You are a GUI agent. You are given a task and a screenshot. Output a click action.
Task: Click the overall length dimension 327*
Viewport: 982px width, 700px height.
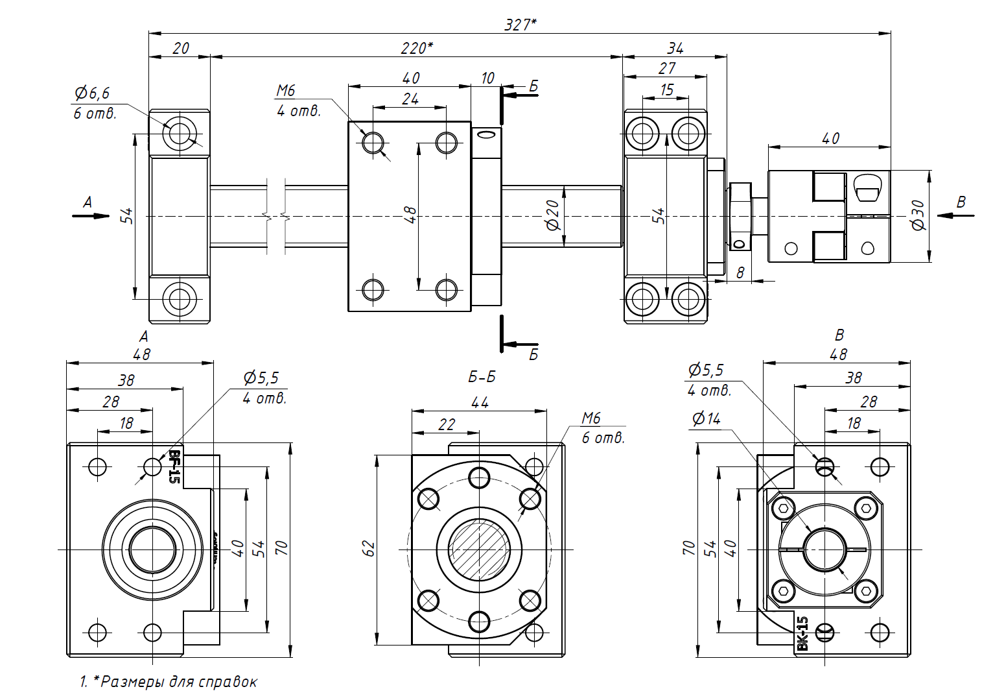pos(520,24)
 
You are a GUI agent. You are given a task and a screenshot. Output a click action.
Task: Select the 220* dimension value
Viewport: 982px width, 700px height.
pos(416,47)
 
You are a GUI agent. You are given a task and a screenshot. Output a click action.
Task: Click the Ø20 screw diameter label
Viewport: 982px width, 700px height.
pos(552,215)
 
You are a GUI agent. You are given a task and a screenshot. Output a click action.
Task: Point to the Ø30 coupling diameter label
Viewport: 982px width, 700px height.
pos(918,215)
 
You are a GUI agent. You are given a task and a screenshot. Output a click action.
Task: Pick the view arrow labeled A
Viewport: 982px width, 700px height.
pos(89,214)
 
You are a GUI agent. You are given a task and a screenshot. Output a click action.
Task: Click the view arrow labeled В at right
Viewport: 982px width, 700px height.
pos(955,214)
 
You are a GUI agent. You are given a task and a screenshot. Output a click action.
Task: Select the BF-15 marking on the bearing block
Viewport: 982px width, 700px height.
pos(174,466)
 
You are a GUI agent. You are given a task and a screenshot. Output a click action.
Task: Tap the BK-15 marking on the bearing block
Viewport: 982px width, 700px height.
pos(802,633)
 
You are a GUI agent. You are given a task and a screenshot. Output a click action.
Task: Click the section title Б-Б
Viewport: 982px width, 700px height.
pos(482,377)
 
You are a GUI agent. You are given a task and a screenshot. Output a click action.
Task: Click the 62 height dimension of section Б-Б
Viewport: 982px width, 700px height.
pos(369,548)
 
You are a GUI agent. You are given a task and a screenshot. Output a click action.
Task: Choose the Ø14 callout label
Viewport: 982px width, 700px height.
pos(706,418)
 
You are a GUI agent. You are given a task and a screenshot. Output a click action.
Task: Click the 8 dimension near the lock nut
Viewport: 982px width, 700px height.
pos(740,272)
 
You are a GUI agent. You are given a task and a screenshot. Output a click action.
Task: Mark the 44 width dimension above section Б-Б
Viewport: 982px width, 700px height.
pos(480,402)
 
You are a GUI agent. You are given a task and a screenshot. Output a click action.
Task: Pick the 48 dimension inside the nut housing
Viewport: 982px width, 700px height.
pos(410,215)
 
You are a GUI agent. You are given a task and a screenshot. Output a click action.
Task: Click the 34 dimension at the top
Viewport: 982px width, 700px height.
pos(675,47)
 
